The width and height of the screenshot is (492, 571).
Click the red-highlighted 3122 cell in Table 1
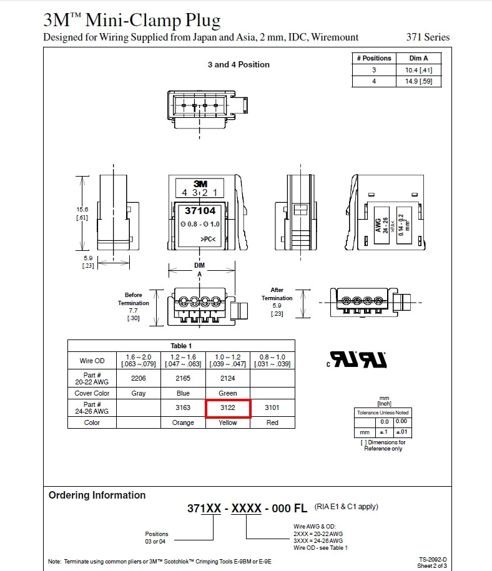click(228, 408)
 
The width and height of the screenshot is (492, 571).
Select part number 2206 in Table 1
click(139, 378)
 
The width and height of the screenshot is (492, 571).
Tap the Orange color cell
click(183, 422)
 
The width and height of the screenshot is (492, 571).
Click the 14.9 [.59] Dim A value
click(419, 81)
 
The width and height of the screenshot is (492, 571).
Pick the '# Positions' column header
click(374, 58)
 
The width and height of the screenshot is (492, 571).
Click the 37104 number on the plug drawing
click(200, 211)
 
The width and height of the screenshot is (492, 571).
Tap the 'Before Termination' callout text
click(134, 299)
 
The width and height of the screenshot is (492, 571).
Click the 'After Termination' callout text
click(277, 294)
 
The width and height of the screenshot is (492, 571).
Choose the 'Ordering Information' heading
click(97, 495)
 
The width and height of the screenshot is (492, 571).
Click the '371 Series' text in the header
click(428, 37)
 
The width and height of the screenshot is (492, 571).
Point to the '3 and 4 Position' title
click(239, 64)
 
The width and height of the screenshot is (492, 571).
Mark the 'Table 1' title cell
click(181, 346)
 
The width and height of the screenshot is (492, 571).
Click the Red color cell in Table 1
click(272, 422)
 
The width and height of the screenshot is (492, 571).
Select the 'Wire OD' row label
click(92, 361)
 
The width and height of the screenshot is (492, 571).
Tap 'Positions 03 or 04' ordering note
click(156, 537)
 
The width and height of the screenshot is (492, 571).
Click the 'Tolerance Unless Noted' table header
click(383, 412)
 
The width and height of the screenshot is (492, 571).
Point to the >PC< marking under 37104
click(208, 239)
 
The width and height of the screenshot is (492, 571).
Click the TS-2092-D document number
click(433, 560)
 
